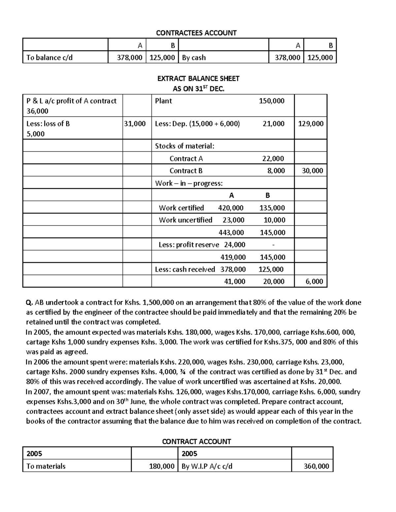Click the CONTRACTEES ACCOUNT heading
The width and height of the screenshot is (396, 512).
point(196,33)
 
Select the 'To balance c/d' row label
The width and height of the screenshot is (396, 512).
point(49,57)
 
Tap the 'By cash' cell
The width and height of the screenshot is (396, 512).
point(194,57)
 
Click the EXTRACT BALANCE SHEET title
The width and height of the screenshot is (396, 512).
point(198,78)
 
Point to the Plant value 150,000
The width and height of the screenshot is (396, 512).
point(271,101)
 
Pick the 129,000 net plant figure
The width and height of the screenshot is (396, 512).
point(311,124)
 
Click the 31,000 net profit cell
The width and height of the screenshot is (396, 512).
point(135,124)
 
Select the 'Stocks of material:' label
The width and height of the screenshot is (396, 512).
point(184,146)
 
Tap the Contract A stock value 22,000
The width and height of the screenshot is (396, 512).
point(273,159)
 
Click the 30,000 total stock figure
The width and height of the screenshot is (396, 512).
point(312,171)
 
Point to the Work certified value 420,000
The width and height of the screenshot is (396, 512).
point(231,208)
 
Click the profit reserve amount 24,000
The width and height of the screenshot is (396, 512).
point(235,245)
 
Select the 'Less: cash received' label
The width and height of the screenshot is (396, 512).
point(185,269)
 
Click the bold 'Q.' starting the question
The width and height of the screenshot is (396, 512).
point(29,303)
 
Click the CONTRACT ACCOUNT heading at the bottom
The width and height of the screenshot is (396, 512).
point(196,441)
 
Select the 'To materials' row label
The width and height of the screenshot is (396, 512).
point(46,466)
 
